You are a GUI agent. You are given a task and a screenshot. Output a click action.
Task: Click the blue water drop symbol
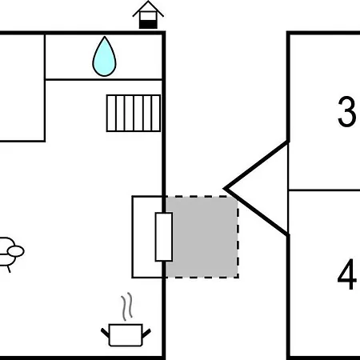tap(104, 57)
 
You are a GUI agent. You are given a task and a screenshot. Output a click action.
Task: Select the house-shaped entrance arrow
tap(148, 14)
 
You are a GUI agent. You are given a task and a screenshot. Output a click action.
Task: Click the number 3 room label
tap(346, 111)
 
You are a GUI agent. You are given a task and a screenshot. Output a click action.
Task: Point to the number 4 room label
tap(347, 274)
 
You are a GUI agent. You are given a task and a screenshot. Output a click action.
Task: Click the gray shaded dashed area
tap(202, 237)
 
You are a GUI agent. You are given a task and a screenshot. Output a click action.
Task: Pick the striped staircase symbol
tap(134, 113)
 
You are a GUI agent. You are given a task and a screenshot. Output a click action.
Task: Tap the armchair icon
tap(10, 254)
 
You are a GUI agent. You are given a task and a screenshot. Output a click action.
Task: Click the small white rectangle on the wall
tap(164, 237)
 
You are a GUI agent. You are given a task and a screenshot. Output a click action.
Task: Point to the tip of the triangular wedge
tap(225, 189)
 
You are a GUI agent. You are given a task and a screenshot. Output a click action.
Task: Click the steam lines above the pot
tap(127, 306)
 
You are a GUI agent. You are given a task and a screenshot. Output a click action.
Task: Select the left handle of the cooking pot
tap(105, 333)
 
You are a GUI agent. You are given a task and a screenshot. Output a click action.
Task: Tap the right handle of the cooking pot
tap(146, 333)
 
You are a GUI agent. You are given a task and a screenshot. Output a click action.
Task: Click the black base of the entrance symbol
tap(148, 24)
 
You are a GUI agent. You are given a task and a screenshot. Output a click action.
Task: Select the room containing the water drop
tap(103, 57)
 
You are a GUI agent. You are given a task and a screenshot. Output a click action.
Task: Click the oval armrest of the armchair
tap(16, 251)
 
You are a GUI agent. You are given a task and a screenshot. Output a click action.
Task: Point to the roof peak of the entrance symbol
tap(148, 2)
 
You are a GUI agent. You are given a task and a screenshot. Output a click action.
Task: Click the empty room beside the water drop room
tap(22, 87)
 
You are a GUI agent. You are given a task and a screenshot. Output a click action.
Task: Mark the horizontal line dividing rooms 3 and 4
tap(325, 190)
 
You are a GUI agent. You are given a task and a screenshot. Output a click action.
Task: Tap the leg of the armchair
tap(9, 269)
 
